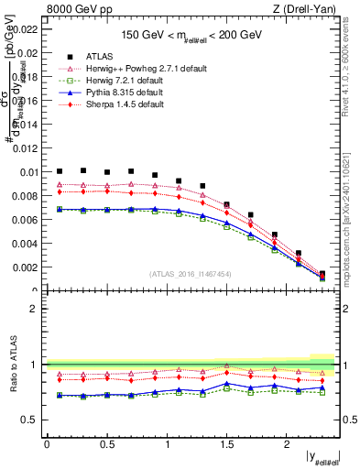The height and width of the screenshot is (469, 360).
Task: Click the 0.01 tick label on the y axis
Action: coord(29,172)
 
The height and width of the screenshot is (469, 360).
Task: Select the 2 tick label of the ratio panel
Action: coord(34,309)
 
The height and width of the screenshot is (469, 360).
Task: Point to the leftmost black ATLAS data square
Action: coord(60,170)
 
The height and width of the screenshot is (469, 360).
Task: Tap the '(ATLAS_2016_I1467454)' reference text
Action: coord(190,274)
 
